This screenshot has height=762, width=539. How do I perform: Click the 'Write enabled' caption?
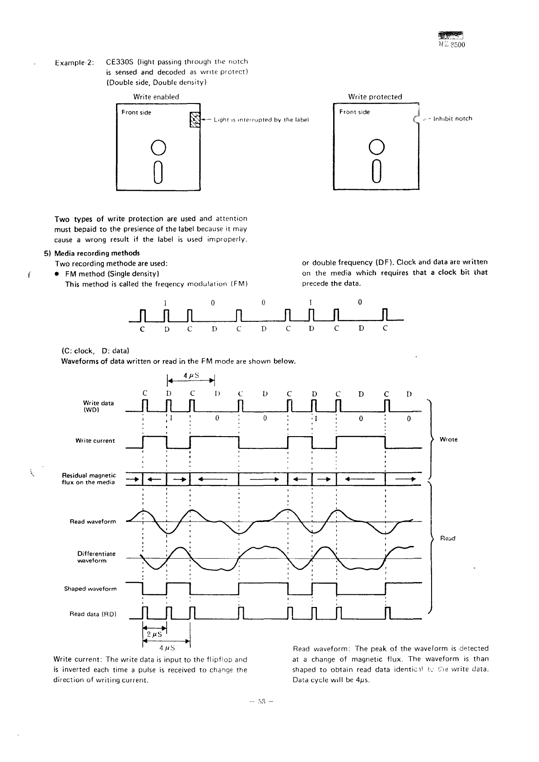click(x=156, y=97)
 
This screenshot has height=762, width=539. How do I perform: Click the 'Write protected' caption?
click(x=375, y=97)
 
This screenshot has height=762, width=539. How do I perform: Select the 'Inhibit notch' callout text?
click(x=452, y=119)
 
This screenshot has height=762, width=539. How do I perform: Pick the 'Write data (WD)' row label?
click(x=98, y=406)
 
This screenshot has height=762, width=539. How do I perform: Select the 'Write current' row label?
click(x=95, y=441)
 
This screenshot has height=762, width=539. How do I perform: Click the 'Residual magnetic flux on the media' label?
click(x=88, y=479)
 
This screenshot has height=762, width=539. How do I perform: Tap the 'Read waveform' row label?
click(x=93, y=522)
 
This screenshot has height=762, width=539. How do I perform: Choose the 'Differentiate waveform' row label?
click(x=97, y=557)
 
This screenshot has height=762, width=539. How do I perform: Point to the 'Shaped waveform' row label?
click(x=90, y=589)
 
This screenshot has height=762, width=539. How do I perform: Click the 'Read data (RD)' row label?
click(x=93, y=614)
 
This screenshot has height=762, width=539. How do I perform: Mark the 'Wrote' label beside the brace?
click(x=448, y=439)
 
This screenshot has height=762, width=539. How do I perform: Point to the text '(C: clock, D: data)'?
click(x=95, y=351)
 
